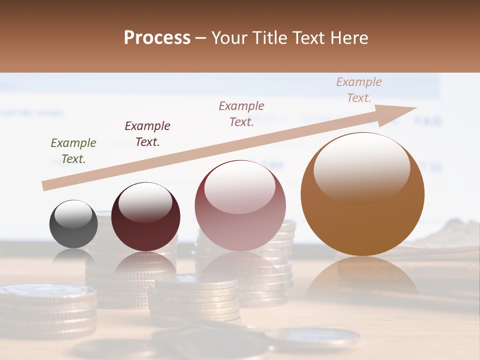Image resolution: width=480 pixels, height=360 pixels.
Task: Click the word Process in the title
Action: (x=157, y=38)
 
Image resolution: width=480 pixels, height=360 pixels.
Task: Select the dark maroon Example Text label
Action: (x=147, y=134)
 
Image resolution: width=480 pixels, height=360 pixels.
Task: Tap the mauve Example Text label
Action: (x=241, y=114)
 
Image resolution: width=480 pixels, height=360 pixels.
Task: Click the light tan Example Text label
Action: (x=359, y=90)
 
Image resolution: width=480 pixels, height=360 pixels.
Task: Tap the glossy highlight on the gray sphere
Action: (x=73, y=214)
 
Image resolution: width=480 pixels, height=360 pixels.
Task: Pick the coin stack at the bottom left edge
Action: (x=47, y=310)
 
